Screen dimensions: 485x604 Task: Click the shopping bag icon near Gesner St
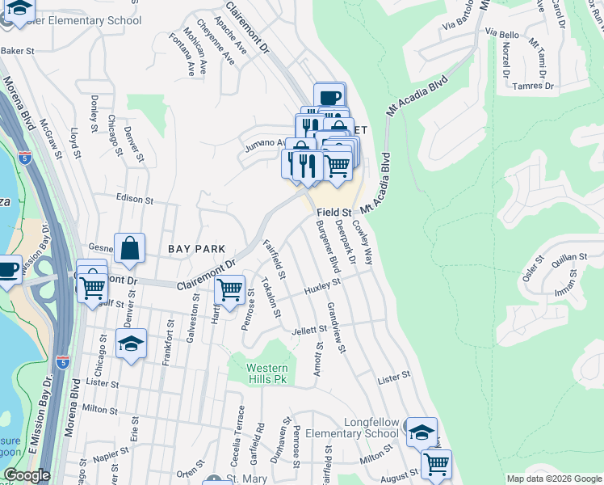pyautogui.click(x=129, y=249)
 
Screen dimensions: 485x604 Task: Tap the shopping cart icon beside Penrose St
pyautogui.click(x=230, y=289)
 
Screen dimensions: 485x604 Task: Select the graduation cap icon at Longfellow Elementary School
pyautogui.click(x=421, y=432)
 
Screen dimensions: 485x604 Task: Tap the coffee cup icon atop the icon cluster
pyautogui.click(x=329, y=98)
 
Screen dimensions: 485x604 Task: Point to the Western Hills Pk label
pyautogui.click(x=266, y=373)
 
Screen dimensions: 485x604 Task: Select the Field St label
pyautogui.click(x=333, y=212)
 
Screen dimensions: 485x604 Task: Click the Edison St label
pyautogui.click(x=134, y=199)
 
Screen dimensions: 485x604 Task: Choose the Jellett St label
pyautogui.click(x=309, y=330)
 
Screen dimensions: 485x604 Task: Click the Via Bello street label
pyautogui.click(x=502, y=34)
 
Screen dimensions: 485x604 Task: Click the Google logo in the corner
pyautogui.click(x=27, y=475)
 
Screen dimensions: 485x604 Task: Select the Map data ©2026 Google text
pyautogui.click(x=554, y=479)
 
